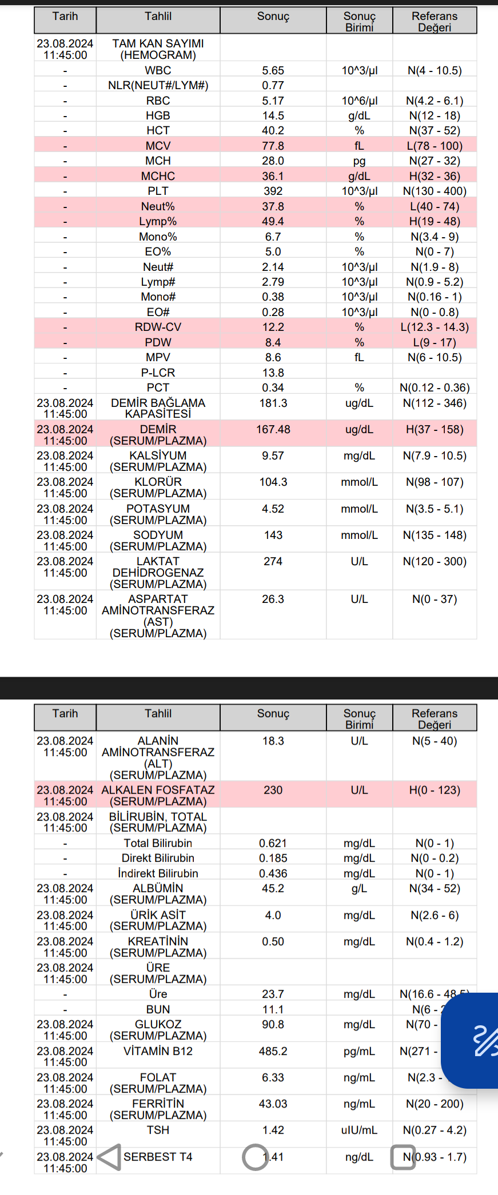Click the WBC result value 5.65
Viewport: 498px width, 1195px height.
point(273,71)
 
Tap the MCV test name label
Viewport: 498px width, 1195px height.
point(158,146)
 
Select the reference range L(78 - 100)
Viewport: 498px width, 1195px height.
point(435,146)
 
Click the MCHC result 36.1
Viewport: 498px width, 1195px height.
point(273,176)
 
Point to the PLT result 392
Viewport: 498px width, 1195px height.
point(273,191)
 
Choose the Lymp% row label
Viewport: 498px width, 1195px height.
point(158,221)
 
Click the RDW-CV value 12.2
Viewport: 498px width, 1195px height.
point(273,327)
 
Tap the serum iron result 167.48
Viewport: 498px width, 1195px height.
point(273,429)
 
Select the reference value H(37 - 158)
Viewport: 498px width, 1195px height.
point(435,429)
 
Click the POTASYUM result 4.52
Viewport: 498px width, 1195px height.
point(273,509)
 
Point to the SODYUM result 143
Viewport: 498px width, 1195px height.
point(273,535)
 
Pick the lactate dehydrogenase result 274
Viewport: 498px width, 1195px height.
point(273,561)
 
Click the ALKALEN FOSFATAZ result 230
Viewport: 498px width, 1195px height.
point(273,790)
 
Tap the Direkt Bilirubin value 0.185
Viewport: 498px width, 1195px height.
point(273,858)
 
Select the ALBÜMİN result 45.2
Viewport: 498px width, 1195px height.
point(273,888)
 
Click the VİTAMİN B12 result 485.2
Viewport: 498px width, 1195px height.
point(273,1051)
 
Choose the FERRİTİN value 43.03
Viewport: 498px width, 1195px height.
point(273,1104)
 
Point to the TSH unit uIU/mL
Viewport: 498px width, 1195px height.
point(359,1130)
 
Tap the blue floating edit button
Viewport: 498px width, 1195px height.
point(475,1040)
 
